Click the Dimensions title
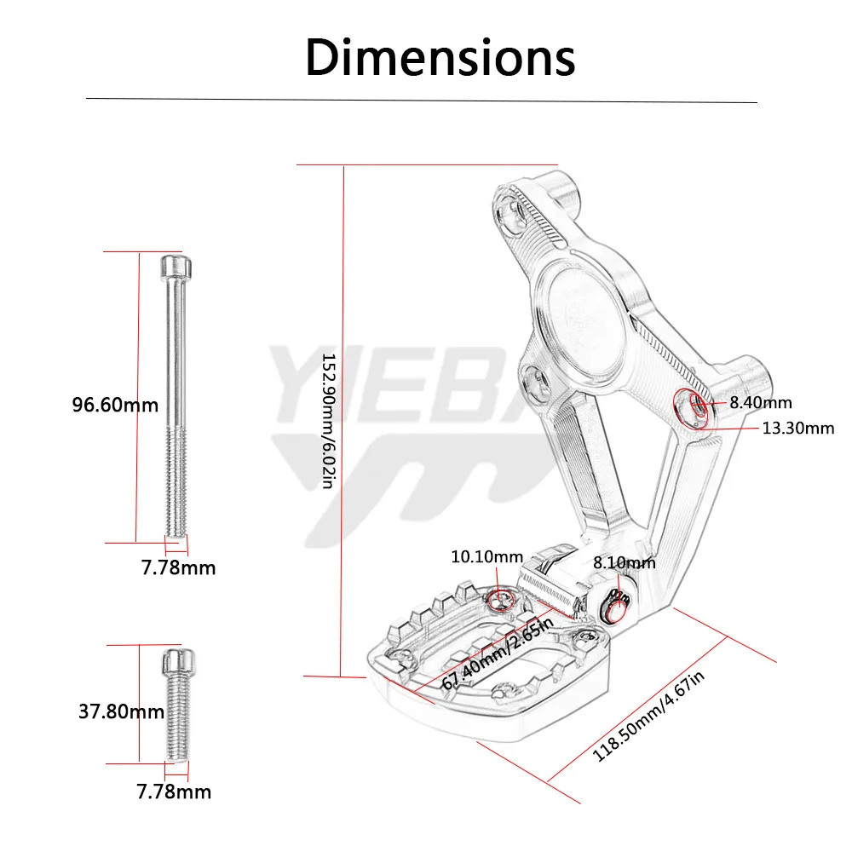(x=440, y=58)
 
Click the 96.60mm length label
(x=115, y=405)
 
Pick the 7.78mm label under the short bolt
(x=174, y=792)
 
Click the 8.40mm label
(x=760, y=402)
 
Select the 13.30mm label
(x=797, y=428)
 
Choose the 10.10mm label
(x=486, y=557)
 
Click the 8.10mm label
(x=624, y=562)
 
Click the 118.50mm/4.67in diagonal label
(x=649, y=717)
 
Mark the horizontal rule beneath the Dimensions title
(x=422, y=101)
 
